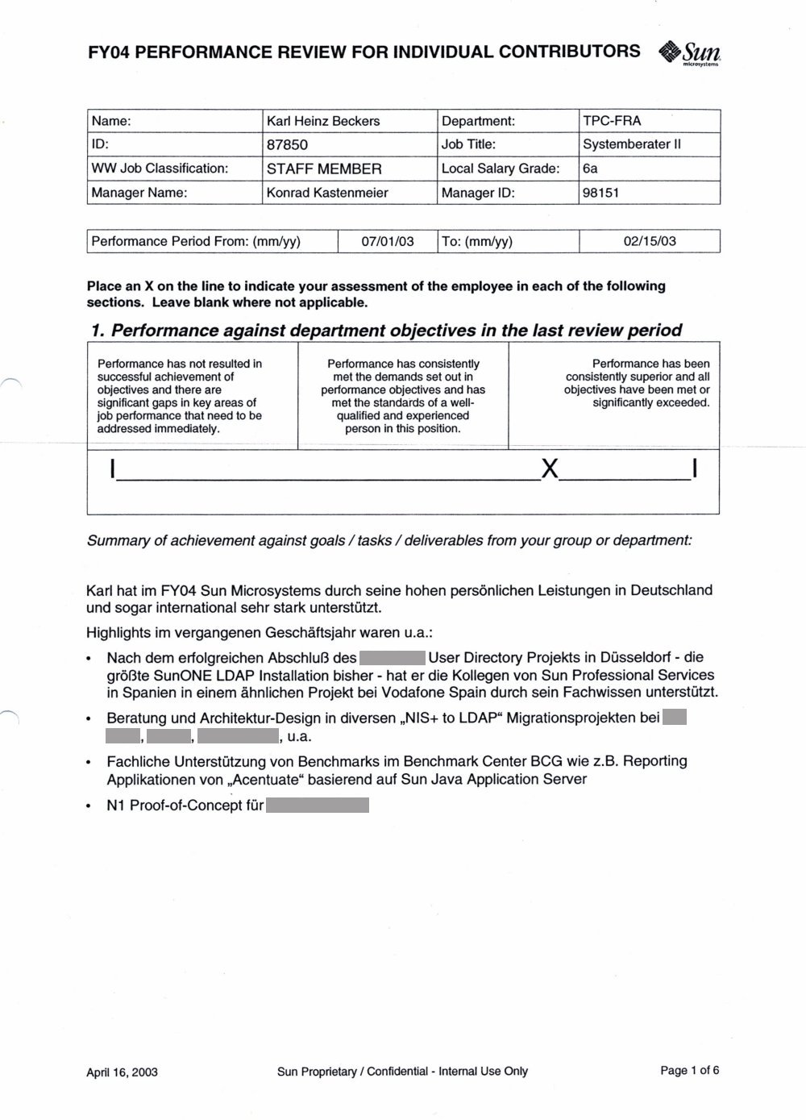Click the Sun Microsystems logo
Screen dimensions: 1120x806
pyautogui.click(x=689, y=53)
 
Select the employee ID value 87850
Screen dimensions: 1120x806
pyautogui.click(x=287, y=145)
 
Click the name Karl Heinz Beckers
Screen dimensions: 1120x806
pyautogui.click(x=323, y=121)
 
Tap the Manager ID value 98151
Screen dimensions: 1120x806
pyautogui.click(x=600, y=193)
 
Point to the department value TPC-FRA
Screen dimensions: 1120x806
pyautogui.click(x=612, y=121)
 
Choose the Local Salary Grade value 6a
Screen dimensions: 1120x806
pyautogui.click(x=590, y=169)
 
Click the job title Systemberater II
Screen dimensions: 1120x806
pyautogui.click(x=632, y=145)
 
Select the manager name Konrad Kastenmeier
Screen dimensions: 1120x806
pyautogui.click(x=327, y=193)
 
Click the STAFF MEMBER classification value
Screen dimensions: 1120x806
pyautogui.click(x=324, y=169)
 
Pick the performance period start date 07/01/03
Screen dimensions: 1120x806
pyautogui.click(x=388, y=241)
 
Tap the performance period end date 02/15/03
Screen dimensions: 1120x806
pyautogui.click(x=650, y=241)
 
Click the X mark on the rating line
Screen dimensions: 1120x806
pyautogui.click(x=550, y=468)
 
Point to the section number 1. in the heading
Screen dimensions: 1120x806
pyautogui.click(x=98, y=331)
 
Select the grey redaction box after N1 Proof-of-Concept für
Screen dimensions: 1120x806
pyautogui.click(x=318, y=805)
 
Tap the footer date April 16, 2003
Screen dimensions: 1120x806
pyautogui.click(x=122, y=1072)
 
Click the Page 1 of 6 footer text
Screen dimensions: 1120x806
pyautogui.click(x=689, y=1071)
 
